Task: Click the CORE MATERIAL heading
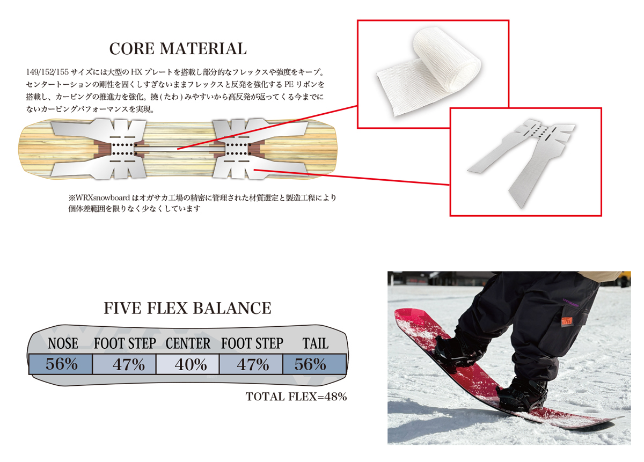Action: point(178,49)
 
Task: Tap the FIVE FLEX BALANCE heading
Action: point(187,308)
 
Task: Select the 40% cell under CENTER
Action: point(187,364)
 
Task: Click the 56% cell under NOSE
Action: point(61,364)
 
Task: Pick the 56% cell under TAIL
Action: point(314,364)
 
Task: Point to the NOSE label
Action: point(63,343)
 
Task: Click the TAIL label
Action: point(316,343)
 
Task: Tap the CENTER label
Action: point(188,343)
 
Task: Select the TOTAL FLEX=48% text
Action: point(296,397)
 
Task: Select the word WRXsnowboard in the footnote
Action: point(103,198)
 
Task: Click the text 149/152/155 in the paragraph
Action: point(47,72)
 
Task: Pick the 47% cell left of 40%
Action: point(124,364)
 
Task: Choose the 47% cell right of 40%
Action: point(251,364)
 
